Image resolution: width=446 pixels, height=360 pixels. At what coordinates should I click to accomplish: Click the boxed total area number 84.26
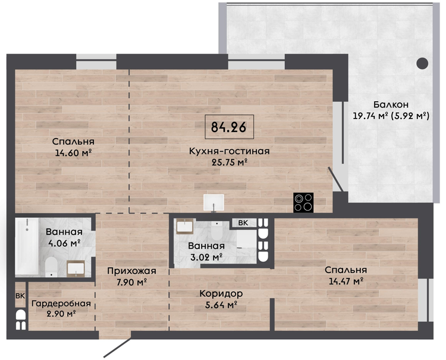coord(229,127)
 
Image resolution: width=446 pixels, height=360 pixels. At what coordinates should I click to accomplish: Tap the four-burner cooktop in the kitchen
coord(303,203)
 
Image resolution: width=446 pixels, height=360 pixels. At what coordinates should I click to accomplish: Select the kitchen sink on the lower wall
coord(213,203)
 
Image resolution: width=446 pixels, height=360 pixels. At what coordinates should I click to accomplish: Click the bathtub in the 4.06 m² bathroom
coord(27,247)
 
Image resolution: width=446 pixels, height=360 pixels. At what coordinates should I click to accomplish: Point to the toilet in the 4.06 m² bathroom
coord(52,267)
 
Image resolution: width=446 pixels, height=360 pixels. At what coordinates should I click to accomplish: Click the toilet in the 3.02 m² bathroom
coord(217,231)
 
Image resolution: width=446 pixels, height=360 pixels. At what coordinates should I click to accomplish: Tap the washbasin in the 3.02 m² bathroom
coord(185,226)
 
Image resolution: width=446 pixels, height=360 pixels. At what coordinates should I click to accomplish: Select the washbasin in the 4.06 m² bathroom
coord(76,268)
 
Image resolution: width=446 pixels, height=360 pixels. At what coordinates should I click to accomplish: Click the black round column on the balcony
coord(422,64)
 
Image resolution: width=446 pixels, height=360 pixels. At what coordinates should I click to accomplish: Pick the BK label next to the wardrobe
coord(20,296)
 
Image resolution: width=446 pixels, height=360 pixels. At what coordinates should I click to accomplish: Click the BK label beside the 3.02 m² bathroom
coord(243,223)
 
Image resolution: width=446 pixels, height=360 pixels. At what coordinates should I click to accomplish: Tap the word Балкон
coord(391,105)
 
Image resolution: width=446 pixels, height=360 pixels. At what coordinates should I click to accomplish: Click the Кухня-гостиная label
coord(230,151)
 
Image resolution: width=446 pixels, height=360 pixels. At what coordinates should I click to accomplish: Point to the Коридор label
coord(221,293)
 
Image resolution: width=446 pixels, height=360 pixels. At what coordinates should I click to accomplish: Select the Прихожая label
coord(131,271)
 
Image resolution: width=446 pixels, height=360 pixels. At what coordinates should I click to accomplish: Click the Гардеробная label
coord(61,303)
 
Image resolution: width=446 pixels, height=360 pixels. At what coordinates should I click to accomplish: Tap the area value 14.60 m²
coord(73,153)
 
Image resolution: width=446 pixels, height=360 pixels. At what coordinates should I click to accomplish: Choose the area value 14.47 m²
coord(346,281)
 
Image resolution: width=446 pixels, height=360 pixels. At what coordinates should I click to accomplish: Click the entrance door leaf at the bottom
coord(117,348)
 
